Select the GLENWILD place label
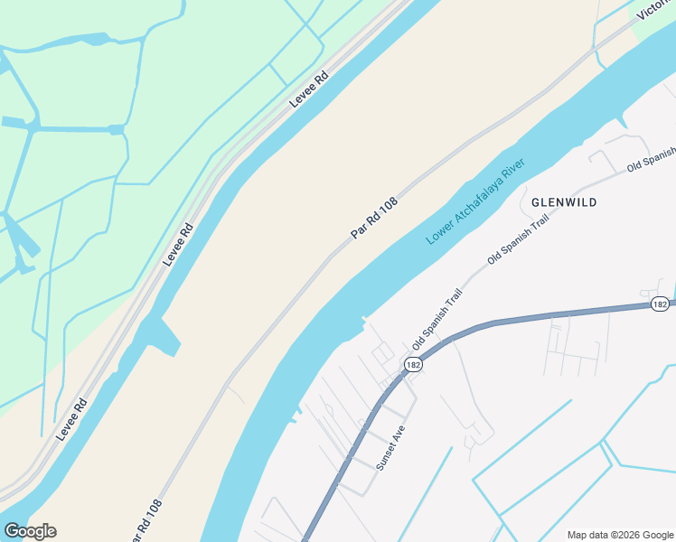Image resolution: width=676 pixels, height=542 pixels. (x=564, y=202)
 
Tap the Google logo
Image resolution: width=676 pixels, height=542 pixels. (x=30, y=531)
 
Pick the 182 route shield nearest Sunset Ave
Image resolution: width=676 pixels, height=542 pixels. (x=413, y=364)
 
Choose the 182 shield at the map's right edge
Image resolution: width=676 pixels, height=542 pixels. (x=660, y=304)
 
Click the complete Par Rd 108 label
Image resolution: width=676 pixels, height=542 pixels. (x=374, y=220)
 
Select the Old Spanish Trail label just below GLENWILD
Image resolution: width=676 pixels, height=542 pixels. (x=518, y=239)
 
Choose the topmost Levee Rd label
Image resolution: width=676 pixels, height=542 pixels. (x=308, y=89)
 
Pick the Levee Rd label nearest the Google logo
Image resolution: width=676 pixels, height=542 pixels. (x=70, y=418)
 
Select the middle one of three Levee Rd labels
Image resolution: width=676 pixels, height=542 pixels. (x=178, y=244)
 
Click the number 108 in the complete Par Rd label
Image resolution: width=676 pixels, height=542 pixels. (x=388, y=208)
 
